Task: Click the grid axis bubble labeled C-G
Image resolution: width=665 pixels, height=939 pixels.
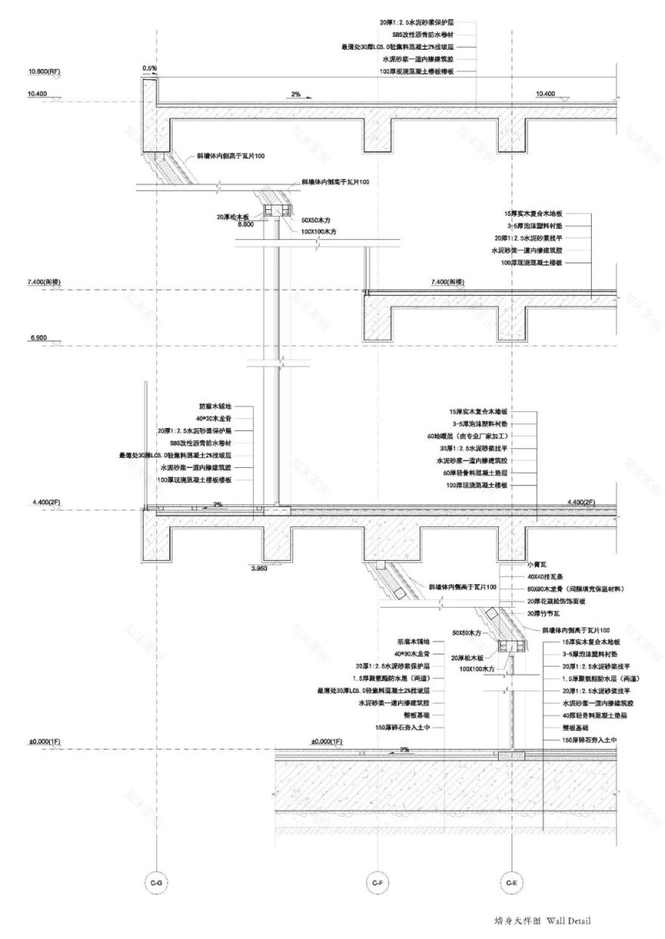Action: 156,882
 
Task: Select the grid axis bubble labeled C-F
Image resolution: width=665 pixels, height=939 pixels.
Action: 376,882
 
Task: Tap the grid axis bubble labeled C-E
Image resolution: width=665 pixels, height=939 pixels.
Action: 512,882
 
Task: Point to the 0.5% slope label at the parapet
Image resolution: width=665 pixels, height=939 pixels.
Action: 150,69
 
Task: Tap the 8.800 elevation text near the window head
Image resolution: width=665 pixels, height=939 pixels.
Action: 246,224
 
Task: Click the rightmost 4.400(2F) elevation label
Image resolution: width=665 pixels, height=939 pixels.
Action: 581,502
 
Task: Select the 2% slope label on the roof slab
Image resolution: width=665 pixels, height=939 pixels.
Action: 295,95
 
